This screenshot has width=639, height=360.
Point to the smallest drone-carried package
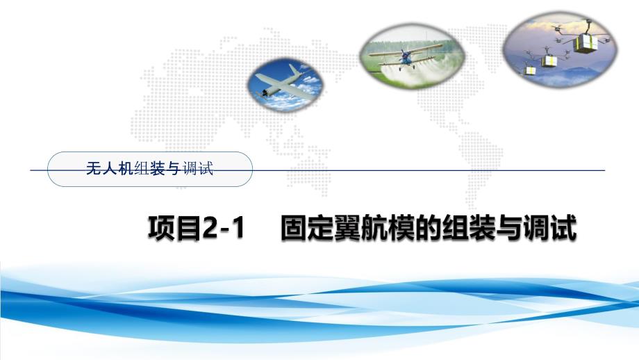pos(530,69)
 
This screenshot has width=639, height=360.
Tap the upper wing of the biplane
pos(403,49)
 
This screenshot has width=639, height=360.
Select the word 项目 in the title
pos(174,229)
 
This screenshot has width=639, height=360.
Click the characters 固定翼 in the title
pos(316,229)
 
